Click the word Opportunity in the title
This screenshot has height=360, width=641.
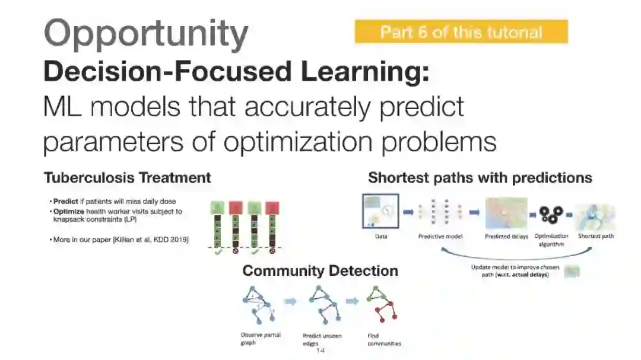[x=146, y=33]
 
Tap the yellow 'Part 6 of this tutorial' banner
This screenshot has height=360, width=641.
[x=461, y=32]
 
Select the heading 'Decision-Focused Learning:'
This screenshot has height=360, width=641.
[x=236, y=72]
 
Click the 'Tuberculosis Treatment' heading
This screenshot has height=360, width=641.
[x=127, y=177]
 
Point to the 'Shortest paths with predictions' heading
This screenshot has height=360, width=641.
[x=480, y=177]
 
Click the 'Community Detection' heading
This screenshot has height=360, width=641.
[x=320, y=271]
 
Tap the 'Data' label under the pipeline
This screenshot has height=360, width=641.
[x=381, y=236]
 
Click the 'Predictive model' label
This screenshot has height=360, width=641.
[x=440, y=236]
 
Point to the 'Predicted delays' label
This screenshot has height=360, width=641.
[x=506, y=236]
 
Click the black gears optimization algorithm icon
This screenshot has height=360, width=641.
[x=551, y=213]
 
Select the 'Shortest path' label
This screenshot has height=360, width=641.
[x=596, y=236]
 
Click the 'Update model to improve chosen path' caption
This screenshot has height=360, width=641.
[x=515, y=271]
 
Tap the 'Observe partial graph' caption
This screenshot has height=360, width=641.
[x=260, y=339]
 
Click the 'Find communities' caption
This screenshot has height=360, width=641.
[x=384, y=339]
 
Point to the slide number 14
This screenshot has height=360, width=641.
[x=320, y=351]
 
